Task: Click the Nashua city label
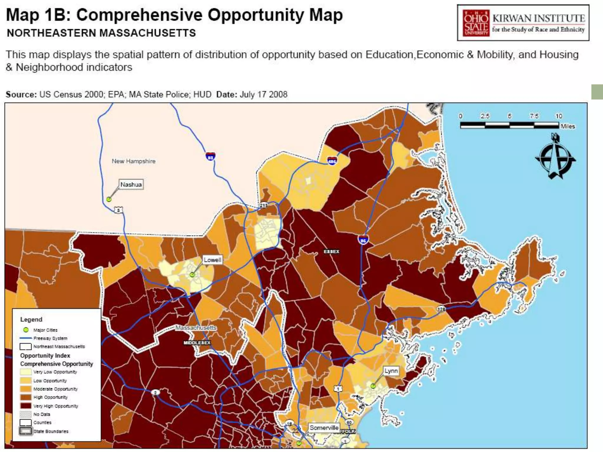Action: (x=131, y=185)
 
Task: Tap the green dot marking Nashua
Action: (x=109, y=199)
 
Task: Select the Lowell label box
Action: (x=212, y=260)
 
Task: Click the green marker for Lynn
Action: (x=373, y=386)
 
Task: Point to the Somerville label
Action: (x=324, y=428)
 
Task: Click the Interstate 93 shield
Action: (x=210, y=156)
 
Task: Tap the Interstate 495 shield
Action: (x=332, y=161)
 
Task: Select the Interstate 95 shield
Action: (x=363, y=240)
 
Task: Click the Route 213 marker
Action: (x=264, y=205)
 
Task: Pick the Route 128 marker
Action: (x=441, y=309)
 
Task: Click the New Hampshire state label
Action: (x=133, y=161)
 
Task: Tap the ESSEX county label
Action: (x=332, y=252)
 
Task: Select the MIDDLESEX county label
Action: (x=197, y=343)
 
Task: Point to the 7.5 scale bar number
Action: (x=534, y=116)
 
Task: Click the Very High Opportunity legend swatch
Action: (x=26, y=406)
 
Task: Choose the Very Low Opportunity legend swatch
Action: (x=26, y=372)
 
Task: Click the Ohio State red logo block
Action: (x=476, y=23)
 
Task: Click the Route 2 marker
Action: (x=155, y=393)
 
